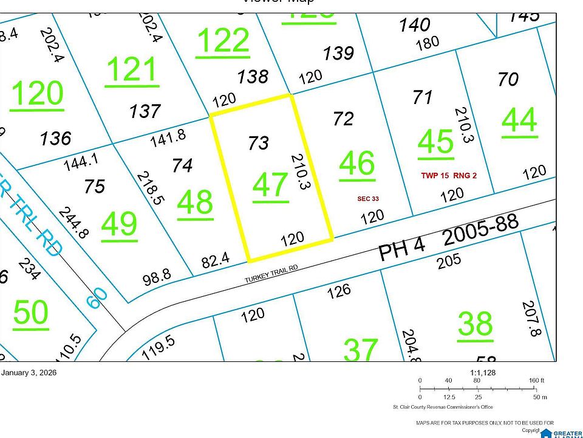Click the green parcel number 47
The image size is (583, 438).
click(270, 184)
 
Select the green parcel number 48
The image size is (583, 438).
click(195, 204)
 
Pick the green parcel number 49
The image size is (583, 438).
click(120, 226)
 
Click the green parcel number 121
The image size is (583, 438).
click(131, 70)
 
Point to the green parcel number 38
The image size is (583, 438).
click(475, 323)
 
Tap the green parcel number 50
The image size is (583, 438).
click(30, 313)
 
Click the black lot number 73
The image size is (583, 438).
click(259, 143)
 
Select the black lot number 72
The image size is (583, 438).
click(344, 119)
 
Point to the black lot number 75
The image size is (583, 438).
click(95, 186)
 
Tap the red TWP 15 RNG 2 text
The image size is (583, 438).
click(449, 176)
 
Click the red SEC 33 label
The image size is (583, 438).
click(368, 198)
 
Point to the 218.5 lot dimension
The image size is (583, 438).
click(149, 188)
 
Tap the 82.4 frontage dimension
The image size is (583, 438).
click(216, 261)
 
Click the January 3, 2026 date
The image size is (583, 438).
click(29, 373)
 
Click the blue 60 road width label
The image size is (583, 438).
click(97, 297)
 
